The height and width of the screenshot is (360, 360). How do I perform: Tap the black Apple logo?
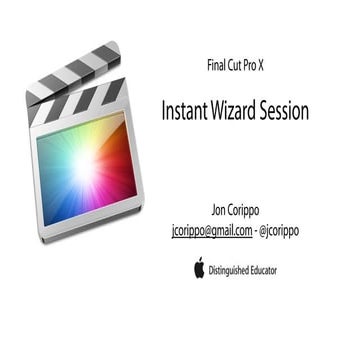tap(199, 267)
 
